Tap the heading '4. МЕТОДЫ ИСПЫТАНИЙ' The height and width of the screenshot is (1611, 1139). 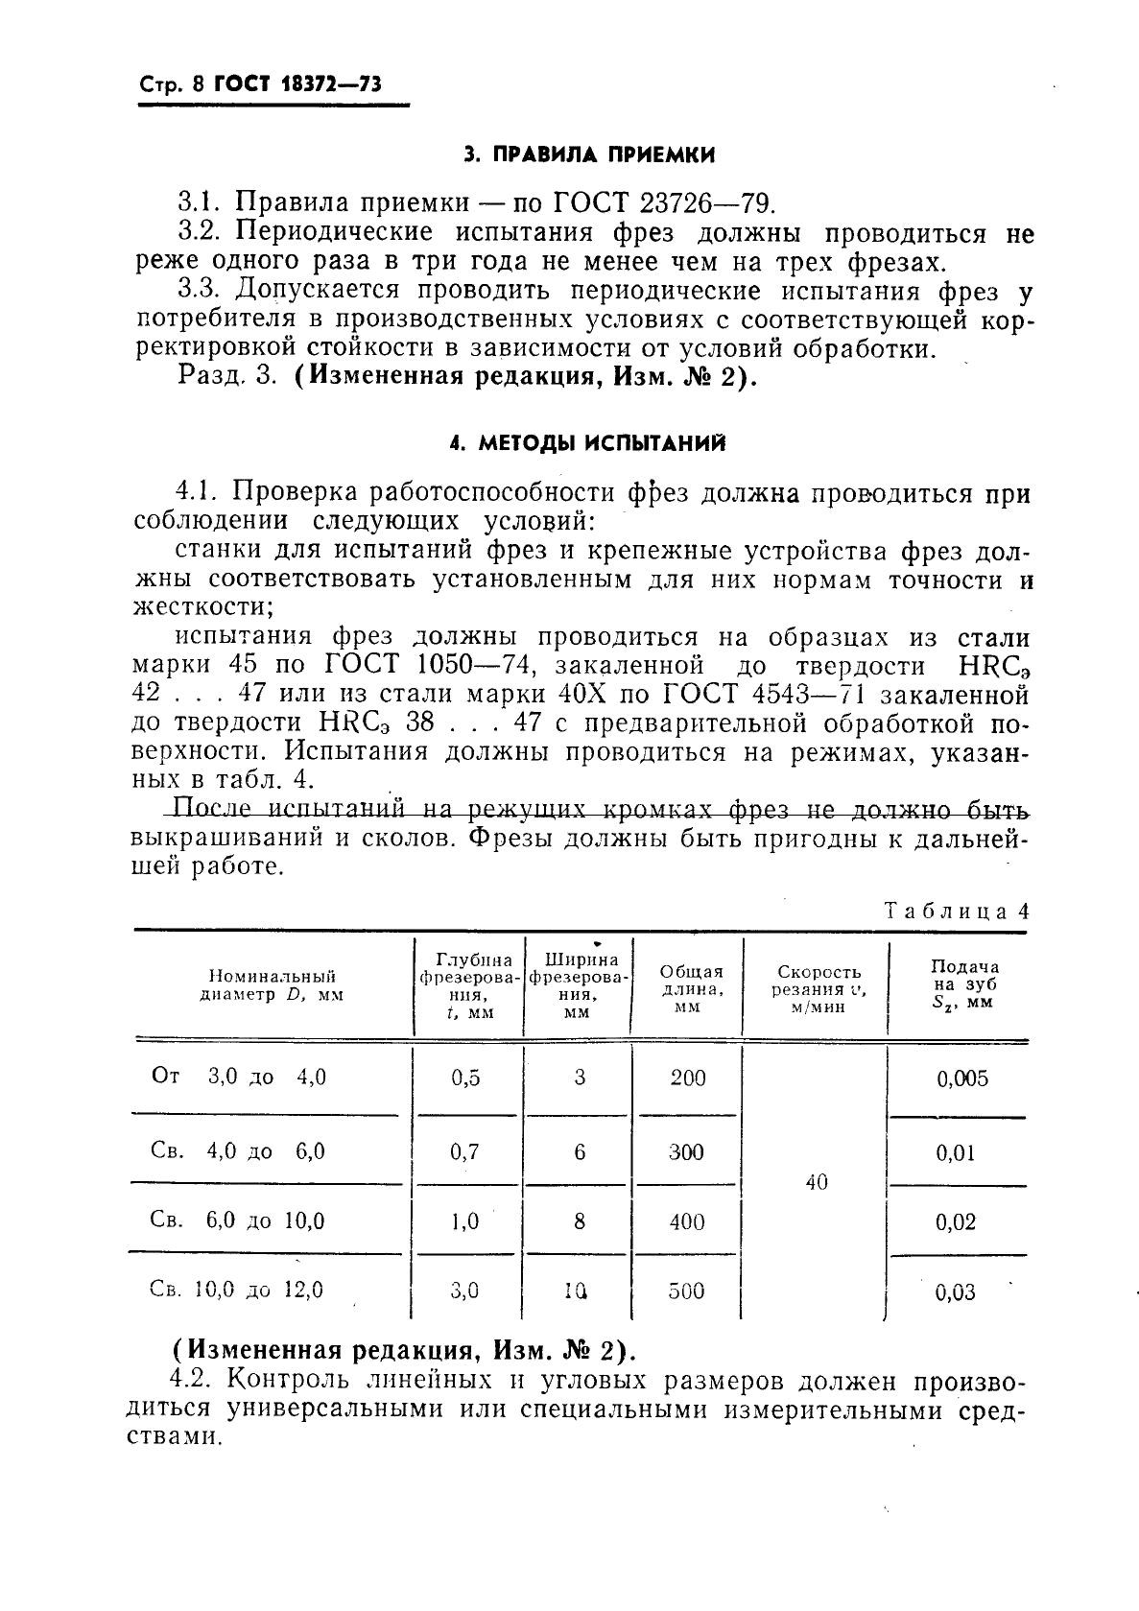(x=587, y=443)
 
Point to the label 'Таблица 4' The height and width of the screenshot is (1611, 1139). (x=955, y=911)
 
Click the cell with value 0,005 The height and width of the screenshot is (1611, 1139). (x=961, y=1078)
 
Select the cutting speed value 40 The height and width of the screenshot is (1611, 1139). (x=816, y=1183)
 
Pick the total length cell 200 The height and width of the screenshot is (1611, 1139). (x=687, y=1078)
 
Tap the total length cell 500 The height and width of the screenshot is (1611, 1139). (x=686, y=1291)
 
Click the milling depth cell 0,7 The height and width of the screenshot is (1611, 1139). (x=464, y=1151)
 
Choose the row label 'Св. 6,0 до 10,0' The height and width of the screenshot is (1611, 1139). (x=238, y=1220)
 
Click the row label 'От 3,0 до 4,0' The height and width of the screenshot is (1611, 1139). (x=239, y=1077)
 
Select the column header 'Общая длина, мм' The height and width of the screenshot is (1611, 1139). (x=688, y=988)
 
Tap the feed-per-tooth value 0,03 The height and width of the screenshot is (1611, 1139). (x=954, y=1292)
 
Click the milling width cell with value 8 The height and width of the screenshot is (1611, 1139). (x=579, y=1221)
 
